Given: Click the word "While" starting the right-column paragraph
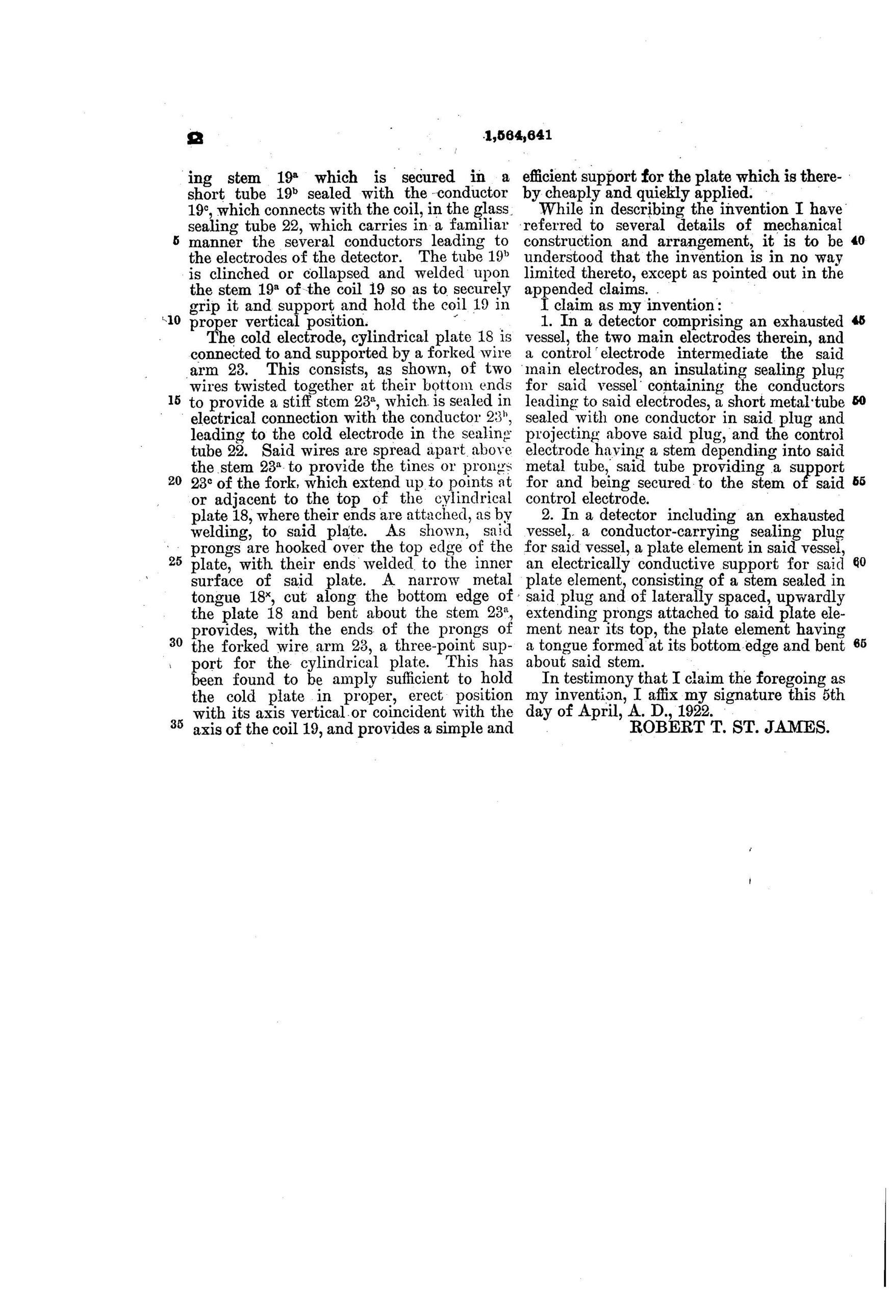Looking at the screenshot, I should (x=557, y=210).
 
